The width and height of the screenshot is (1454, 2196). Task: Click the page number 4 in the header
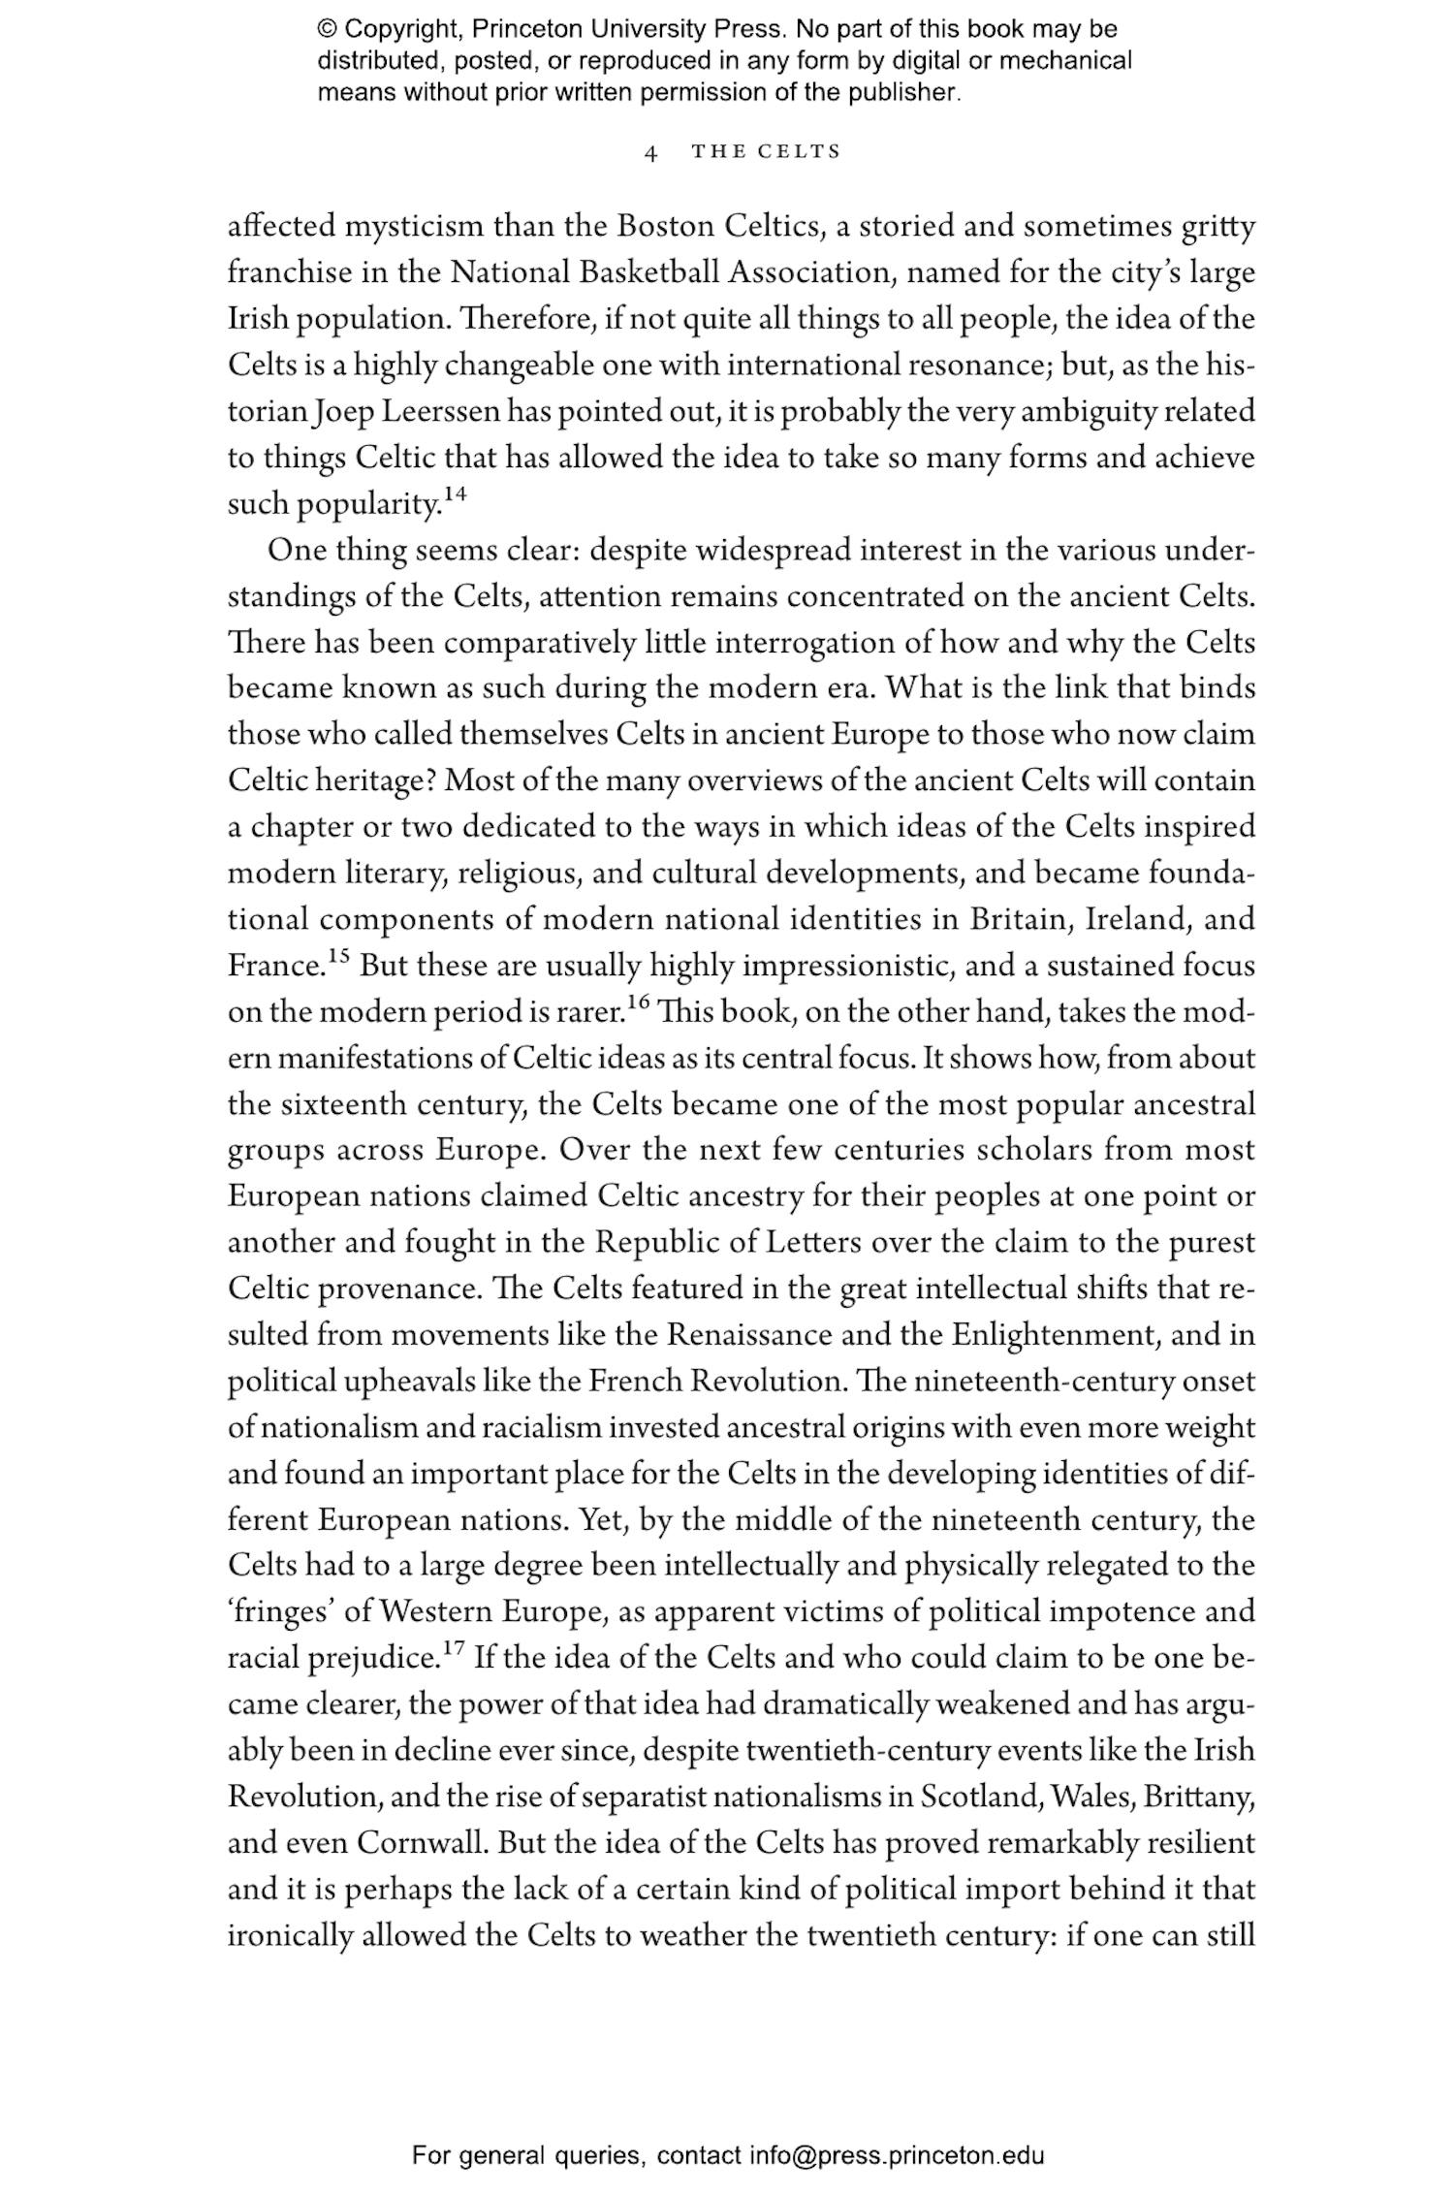(x=651, y=153)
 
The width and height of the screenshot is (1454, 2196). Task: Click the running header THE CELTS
(x=766, y=152)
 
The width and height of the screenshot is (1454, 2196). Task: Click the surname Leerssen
(x=440, y=412)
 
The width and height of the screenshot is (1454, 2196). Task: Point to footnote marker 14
(x=456, y=495)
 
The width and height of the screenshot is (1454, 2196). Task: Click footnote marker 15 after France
(x=337, y=957)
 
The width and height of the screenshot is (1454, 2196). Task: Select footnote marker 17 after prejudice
(x=455, y=1648)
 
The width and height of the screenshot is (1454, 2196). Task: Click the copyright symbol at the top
(x=326, y=29)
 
